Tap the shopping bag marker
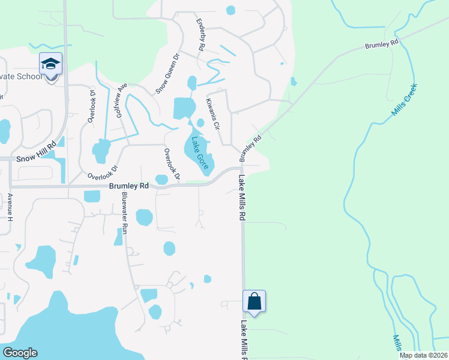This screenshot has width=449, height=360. [254, 301]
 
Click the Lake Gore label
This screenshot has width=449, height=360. [200, 152]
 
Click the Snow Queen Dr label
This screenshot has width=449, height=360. [167, 76]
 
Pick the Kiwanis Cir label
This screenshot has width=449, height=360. [215, 115]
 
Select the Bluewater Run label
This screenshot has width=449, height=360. [125, 212]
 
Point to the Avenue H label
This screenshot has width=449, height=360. [10, 206]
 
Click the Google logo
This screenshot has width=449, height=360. [20, 353]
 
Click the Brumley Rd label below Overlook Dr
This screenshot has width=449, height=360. [128, 187]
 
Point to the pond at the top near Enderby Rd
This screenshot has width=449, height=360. [231, 10]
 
